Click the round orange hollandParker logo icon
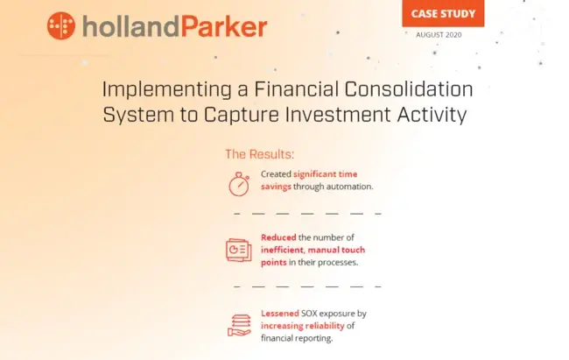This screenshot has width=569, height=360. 61,25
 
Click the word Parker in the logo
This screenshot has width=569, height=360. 224,26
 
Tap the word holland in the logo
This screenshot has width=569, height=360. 130,26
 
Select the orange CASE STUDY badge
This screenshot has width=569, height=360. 443,13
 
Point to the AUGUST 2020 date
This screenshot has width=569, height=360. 439,35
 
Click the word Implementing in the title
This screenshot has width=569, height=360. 167,89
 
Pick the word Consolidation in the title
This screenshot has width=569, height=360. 409,89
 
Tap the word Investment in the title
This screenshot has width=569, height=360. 338,115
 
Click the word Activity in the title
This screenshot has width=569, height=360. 432,116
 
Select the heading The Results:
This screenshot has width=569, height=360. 259,154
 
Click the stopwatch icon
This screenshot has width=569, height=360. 239,184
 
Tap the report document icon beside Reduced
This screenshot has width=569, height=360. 239,250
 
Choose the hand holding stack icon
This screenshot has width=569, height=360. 239,325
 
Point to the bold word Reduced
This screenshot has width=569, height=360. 278,237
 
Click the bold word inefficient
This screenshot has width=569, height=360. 283,250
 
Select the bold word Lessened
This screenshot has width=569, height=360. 280,314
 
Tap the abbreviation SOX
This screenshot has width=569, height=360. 309,314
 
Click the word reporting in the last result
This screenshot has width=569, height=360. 314,339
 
